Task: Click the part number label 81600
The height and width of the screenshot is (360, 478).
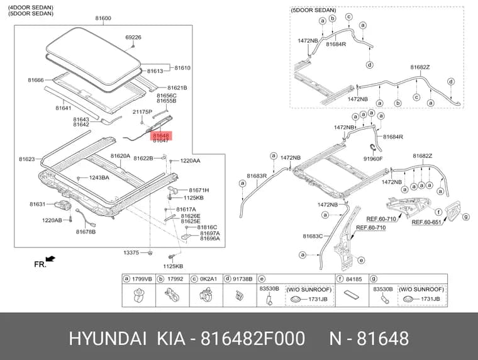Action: coord(103,18)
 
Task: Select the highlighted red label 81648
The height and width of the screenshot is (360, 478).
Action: coord(161,135)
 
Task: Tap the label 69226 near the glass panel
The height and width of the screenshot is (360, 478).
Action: coord(133,37)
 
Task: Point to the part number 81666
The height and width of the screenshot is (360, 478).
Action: coord(36,80)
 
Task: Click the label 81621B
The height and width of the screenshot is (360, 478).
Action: coord(177,88)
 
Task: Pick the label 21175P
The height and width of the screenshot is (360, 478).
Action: coord(142,112)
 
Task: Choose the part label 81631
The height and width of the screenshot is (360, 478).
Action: coord(38,204)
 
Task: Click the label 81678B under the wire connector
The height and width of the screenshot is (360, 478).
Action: coord(86,232)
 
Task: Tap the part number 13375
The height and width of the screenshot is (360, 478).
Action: coord(131,252)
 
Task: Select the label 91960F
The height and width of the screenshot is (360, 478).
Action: coord(373,159)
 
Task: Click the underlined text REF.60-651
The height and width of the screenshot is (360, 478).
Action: coord(426,222)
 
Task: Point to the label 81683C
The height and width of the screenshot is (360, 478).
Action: coord(313,236)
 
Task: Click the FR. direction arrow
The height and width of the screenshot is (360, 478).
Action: coord(50,259)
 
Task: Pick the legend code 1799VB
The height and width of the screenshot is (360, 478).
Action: coord(142,279)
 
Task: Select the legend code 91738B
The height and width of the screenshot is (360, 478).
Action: coord(243,279)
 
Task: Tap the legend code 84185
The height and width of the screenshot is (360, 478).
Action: coord(353,279)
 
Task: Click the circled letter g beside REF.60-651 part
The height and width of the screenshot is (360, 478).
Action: coord(466,217)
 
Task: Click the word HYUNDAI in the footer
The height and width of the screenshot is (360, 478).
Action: coord(108,339)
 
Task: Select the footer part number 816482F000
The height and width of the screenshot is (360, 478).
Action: coord(253,339)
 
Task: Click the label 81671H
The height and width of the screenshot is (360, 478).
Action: coord(199,190)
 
